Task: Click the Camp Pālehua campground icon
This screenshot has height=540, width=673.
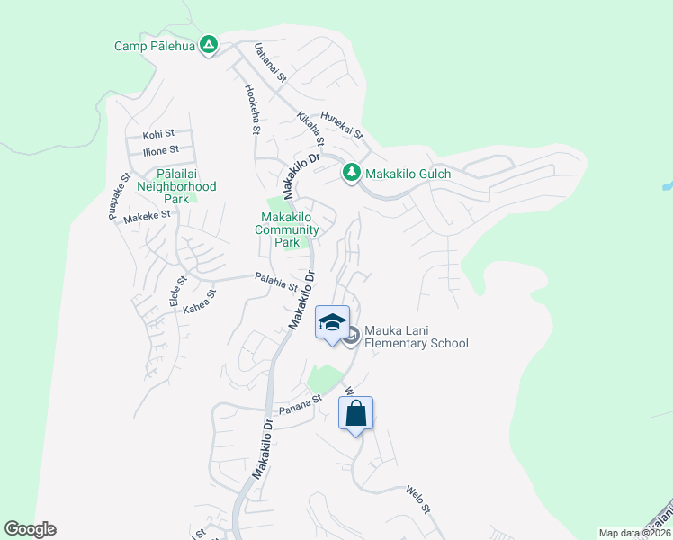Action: tap(209, 44)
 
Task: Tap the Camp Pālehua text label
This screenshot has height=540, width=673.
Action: tap(154, 45)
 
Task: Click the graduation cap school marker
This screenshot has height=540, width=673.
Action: tap(332, 322)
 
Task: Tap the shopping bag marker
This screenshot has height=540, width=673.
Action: tap(355, 414)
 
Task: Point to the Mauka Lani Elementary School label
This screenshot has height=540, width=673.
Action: tap(417, 337)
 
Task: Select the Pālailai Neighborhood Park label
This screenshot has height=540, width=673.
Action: tap(176, 185)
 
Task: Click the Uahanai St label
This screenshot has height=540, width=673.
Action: tap(270, 64)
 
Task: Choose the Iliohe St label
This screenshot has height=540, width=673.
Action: tap(161, 149)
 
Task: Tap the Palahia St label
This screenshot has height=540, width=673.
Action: tap(275, 282)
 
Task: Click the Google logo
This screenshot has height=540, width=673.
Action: tap(30, 529)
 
